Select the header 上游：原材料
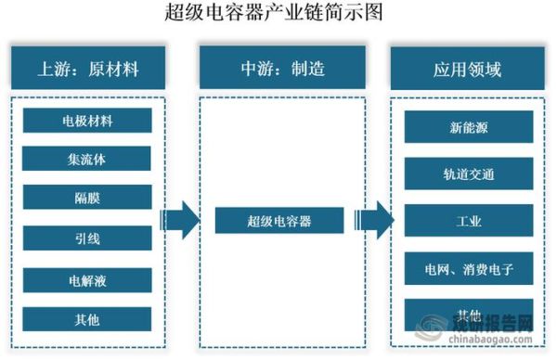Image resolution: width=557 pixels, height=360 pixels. (87, 67)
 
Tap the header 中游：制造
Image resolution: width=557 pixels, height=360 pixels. (278, 67)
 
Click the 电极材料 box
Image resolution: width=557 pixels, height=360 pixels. (87, 120)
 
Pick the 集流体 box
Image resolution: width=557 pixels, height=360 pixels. (87, 159)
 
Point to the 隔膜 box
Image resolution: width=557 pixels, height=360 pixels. (87, 198)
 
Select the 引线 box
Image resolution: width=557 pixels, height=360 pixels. (87, 238)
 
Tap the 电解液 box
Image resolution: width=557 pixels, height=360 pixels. (87, 279)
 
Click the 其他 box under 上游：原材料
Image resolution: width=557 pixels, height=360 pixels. (87, 319)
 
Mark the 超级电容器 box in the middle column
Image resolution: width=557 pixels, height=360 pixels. (278, 221)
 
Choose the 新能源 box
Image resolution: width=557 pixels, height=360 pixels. (468, 127)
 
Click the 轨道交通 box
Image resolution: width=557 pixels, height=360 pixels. (468, 174)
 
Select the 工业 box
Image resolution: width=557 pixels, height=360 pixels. (468, 221)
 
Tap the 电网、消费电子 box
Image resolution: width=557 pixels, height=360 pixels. (468, 268)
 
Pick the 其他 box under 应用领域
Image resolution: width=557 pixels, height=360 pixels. (468, 313)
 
